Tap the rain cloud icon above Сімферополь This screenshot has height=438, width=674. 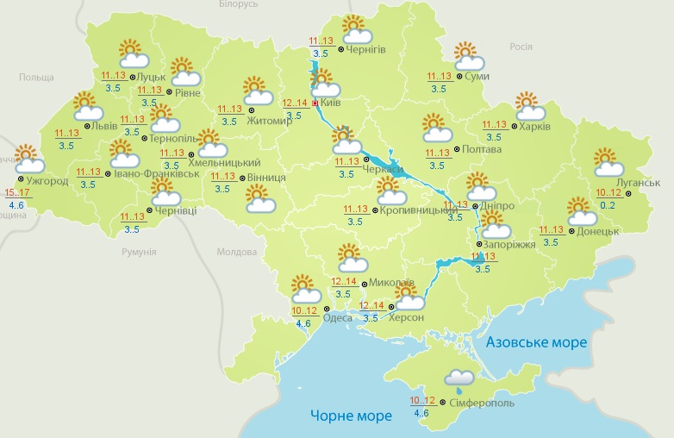tap(459, 379)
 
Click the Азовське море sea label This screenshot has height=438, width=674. tap(536, 342)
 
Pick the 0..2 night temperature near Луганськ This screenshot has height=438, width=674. tap(607, 204)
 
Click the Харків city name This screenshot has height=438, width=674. tap(535, 127)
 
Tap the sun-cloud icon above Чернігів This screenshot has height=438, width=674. tap(355, 30)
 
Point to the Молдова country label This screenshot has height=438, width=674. tap(236, 253)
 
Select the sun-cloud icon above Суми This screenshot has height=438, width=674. tap(468, 56)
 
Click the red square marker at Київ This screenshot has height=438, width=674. tap(315, 103)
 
